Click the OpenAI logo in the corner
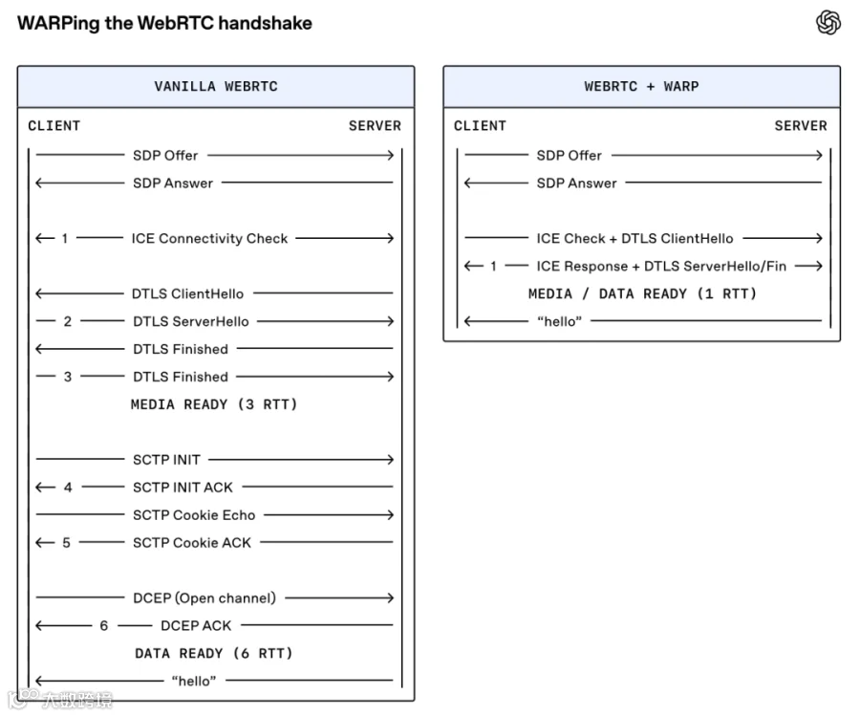[828, 23]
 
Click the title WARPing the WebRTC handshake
[164, 24]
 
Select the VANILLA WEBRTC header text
[216, 87]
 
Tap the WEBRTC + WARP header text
[642, 87]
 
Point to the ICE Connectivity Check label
[209, 239]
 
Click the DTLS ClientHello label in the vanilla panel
[187, 294]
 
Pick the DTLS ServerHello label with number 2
[191, 321]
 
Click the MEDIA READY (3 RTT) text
[214, 405]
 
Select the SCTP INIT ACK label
[183, 488]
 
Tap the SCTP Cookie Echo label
[194, 515]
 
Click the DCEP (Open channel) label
[204, 598]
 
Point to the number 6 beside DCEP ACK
[103, 626]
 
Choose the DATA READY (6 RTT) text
[214, 654]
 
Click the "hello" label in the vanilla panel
[194, 681]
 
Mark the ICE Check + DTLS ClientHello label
[635, 239]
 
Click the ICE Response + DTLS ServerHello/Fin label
[661, 267]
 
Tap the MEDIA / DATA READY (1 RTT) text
[642, 294]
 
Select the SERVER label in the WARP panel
[801, 126]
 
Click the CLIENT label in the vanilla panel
[54, 126]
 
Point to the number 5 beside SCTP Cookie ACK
[66, 543]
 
